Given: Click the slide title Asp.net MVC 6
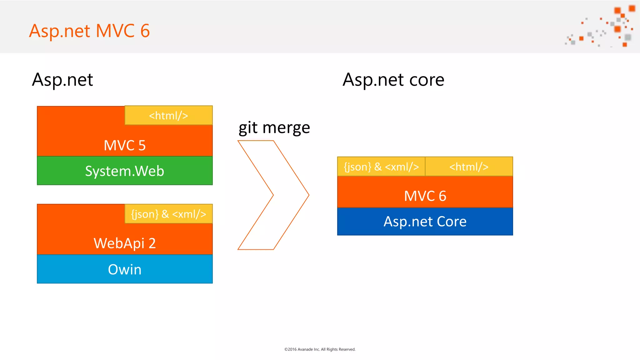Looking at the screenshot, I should click(89, 31).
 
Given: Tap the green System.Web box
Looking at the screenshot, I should click(125, 171).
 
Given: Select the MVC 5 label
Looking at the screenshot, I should click(125, 145).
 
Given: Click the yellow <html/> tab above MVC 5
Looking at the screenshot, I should click(168, 116).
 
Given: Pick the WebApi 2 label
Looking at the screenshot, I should click(125, 243).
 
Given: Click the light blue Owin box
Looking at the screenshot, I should click(125, 269).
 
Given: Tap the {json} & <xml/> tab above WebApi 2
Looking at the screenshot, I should click(168, 214).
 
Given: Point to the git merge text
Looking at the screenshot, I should click(274, 128).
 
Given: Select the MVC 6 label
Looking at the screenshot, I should click(425, 196).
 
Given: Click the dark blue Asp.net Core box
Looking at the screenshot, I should click(425, 222).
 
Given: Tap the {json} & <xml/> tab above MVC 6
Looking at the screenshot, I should click(381, 167).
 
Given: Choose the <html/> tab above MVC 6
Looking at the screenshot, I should click(469, 167).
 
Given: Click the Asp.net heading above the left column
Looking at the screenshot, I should click(62, 80).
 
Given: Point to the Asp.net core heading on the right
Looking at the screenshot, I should click(393, 80).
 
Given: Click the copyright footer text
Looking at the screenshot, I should click(320, 349).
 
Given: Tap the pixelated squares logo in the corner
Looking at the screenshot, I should click(603, 27).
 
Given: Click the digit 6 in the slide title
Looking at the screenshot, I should click(145, 31).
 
